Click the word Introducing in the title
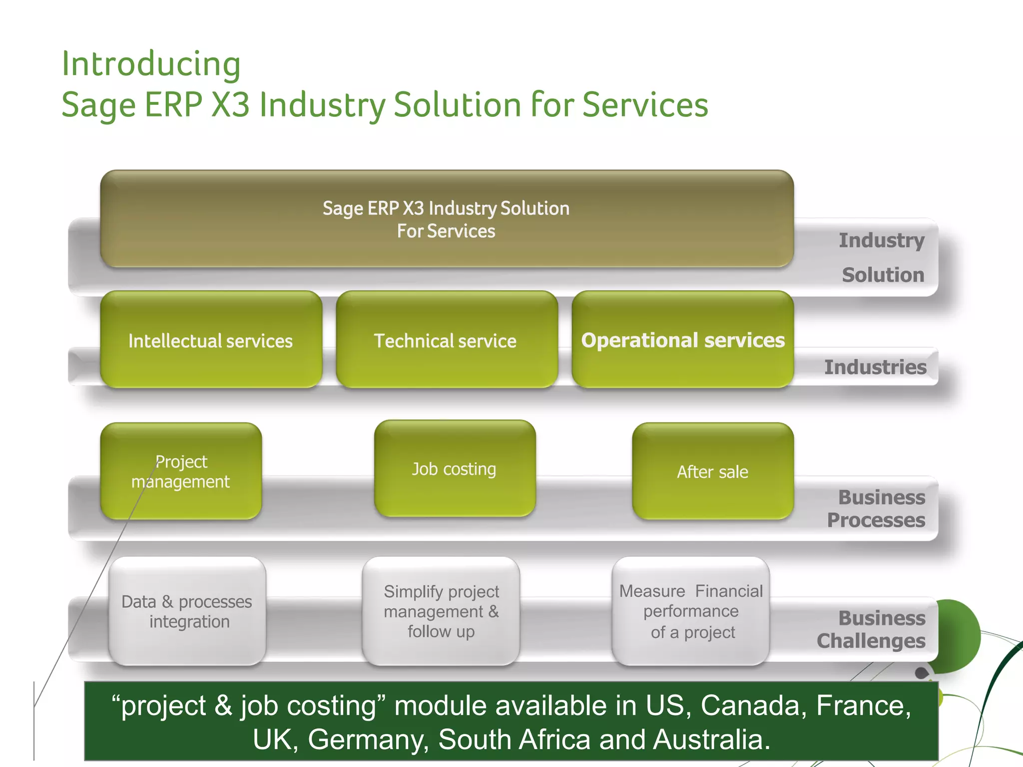pyautogui.click(x=151, y=64)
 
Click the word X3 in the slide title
pyautogui.click(x=230, y=105)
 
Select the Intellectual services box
pyautogui.click(x=211, y=340)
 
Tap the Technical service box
pyautogui.click(x=446, y=340)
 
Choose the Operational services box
pyautogui.click(x=682, y=340)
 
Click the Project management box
pyautogui.click(x=181, y=471)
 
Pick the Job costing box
pyautogui.click(x=454, y=469)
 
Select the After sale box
pyautogui.click(x=712, y=471)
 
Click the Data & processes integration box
pyautogui.click(x=187, y=611)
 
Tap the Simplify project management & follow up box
pyautogui.click(x=441, y=611)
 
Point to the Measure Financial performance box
pyautogui.click(x=691, y=611)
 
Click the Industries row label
pyautogui.click(x=875, y=367)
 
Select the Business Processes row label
pyautogui.click(x=877, y=508)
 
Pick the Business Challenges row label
pyautogui.click(x=872, y=629)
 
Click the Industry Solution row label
pyautogui.click(x=882, y=257)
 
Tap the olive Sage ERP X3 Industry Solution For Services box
pyautogui.click(x=446, y=219)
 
